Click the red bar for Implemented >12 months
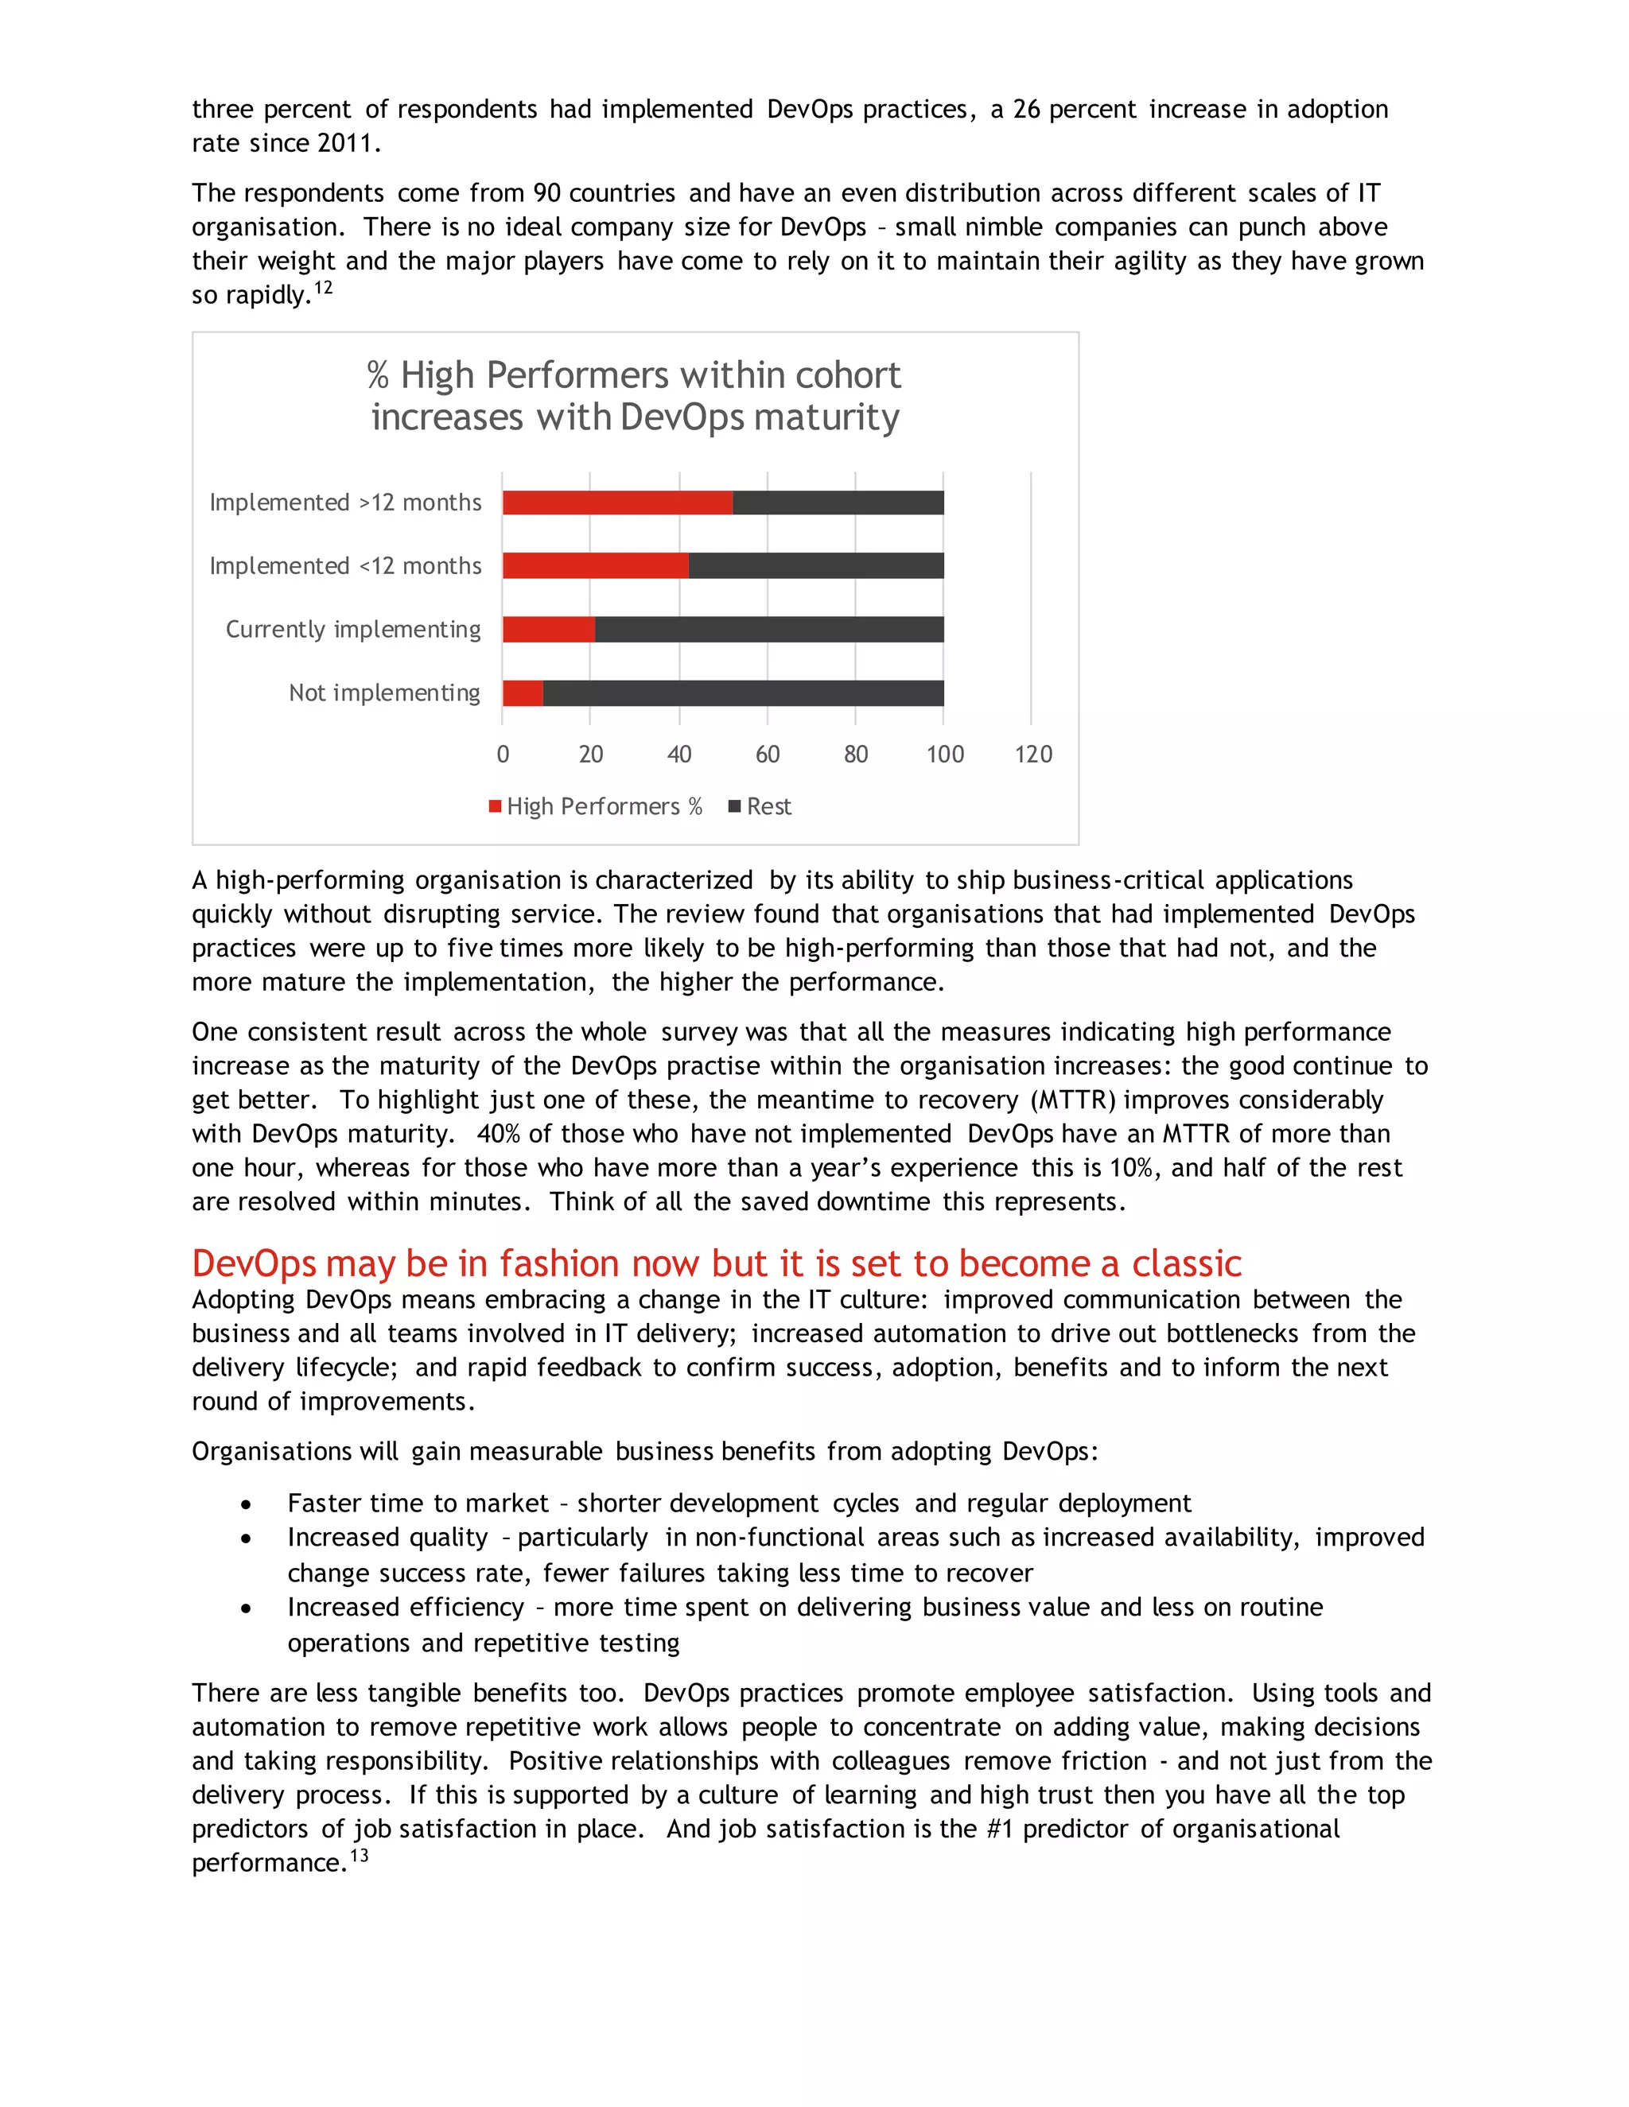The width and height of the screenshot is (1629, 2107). [616, 502]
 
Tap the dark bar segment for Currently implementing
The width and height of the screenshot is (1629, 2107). [769, 629]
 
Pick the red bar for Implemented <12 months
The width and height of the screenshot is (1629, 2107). [596, 565]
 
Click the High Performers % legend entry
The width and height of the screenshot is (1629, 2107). [596, 806]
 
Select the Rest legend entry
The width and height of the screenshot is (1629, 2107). [760, 806]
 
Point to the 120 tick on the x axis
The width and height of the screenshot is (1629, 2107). [1032, 755]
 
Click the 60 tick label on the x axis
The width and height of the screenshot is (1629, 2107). [768, 755]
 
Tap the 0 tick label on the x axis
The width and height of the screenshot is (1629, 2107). [503, 755]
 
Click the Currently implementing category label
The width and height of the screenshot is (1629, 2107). [352, 629]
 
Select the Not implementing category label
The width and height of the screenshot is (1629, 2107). [384, 693]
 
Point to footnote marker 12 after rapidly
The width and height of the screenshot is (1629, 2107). [323, 288]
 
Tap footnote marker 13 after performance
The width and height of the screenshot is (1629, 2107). [359, 1855]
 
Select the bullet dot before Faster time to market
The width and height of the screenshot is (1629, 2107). [247, 1505]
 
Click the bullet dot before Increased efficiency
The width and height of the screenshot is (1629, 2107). [247, 1608]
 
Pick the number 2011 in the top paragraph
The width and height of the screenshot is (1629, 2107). [344, 143]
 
